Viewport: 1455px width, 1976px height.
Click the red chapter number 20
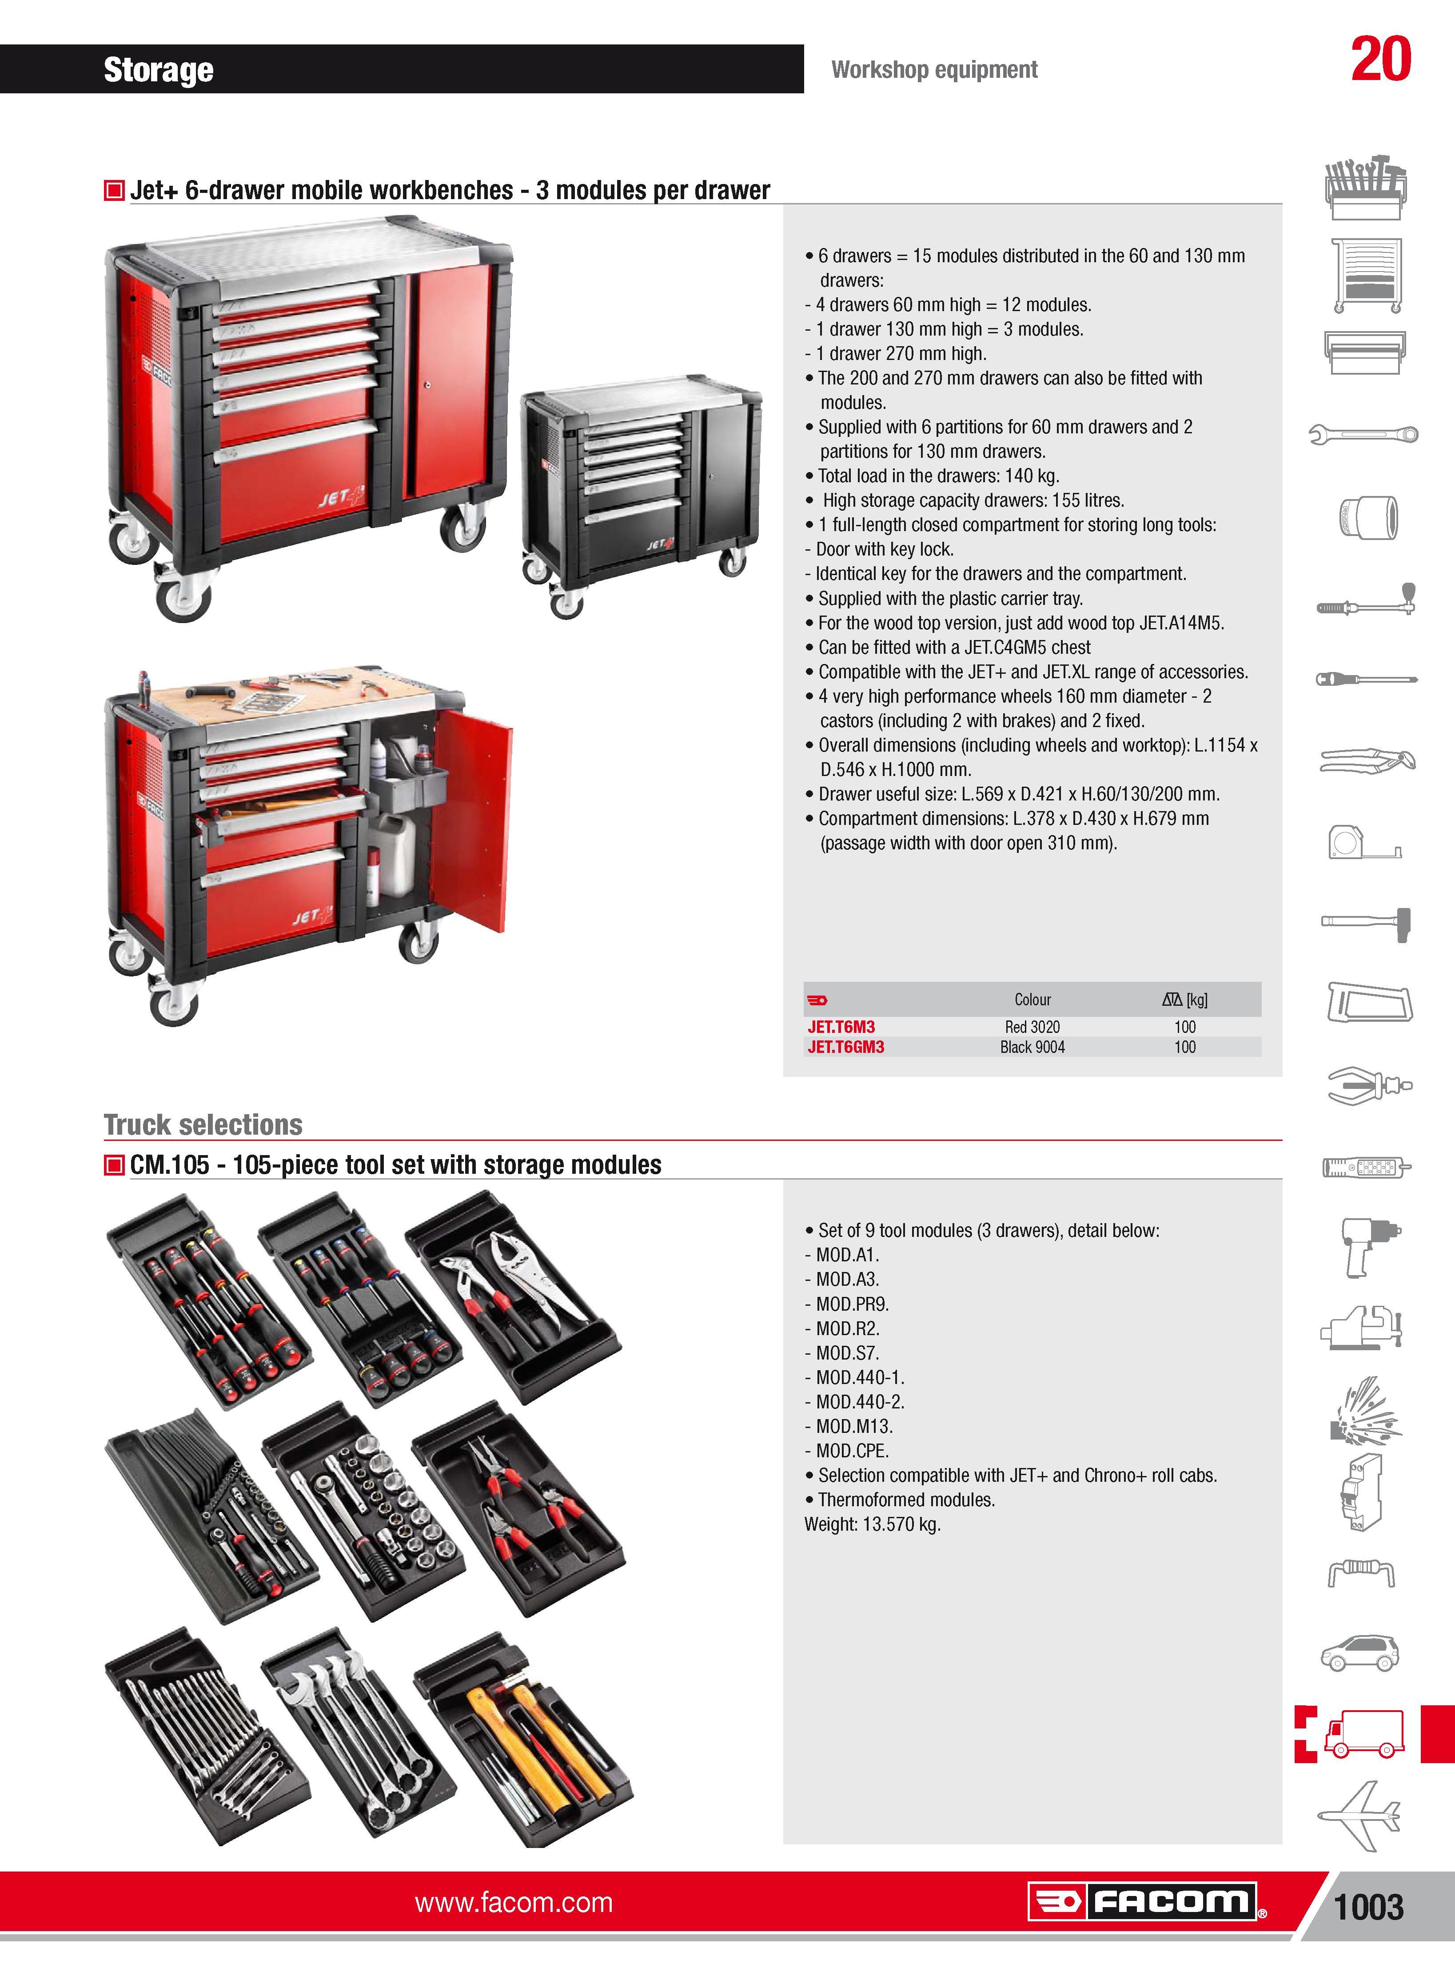(1381, 60)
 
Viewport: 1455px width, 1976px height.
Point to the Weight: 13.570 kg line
(873, 1524)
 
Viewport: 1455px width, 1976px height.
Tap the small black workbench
(640, 493)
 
